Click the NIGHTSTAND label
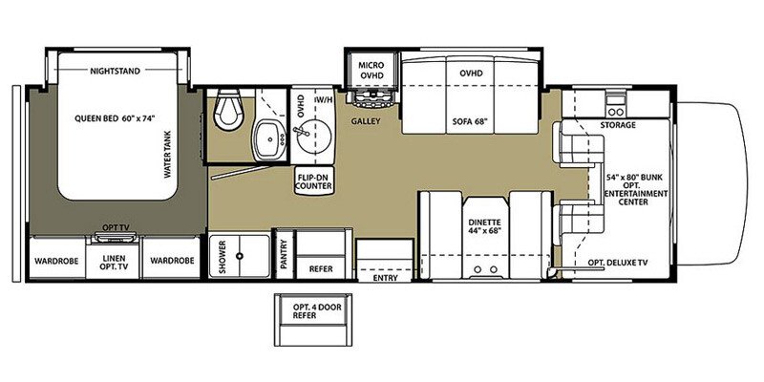pyautogui.click(x=117, y=72)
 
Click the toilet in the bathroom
pyautogui.click(x=229, y=111)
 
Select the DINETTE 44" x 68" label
pyautogui.click(x=484, y=225)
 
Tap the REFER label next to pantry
pyautogui.click(x=320, y=269)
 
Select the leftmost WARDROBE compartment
pyautogui.click(x=56, y=260)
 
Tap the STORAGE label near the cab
pyautogui.click(x=618, y=125)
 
